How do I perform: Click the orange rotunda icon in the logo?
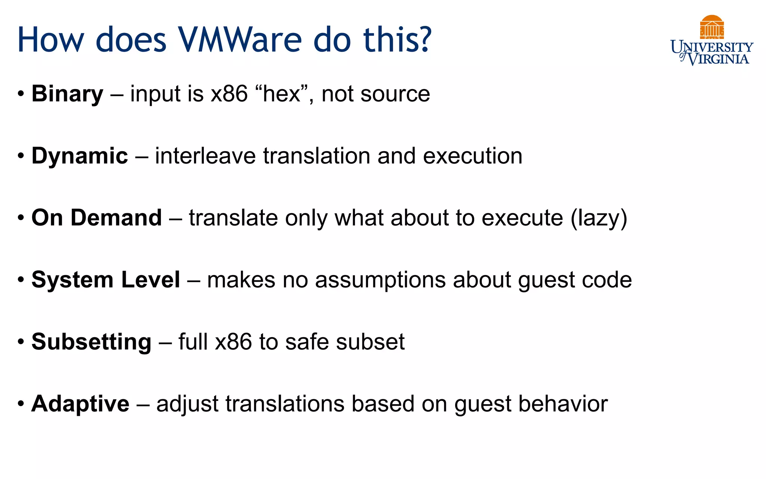click(x=712, y=27)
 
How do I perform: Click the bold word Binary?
click(x=67, y=94)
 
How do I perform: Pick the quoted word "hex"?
click(x=282, y=94)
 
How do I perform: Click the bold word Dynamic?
click(x=80, y=156)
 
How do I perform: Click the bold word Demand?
click(x=116, y=218)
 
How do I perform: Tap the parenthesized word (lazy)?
click(x=599, y=218)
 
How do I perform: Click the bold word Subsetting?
click(x=91, y=342)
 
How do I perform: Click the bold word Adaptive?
click(x=80, y=404)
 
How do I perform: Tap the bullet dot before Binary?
click(x=21, y=94)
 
